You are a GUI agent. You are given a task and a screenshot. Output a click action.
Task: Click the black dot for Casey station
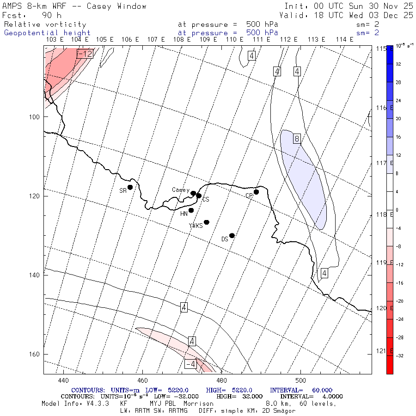tap(193, 193)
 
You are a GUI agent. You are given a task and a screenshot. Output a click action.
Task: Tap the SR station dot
tap(130, 187)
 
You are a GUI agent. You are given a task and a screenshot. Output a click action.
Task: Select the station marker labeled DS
tap(232, 235)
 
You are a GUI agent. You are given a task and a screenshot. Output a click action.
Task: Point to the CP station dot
tap(256, 192)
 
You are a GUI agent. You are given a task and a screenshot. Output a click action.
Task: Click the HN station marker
tap(191, 210)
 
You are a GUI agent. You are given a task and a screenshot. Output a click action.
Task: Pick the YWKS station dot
tap(207, 222)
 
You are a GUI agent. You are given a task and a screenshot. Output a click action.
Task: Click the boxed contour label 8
tap(297, 138)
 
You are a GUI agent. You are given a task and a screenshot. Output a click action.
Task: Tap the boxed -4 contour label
tap(190, 364)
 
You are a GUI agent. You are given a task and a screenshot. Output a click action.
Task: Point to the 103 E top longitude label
tap(55, 40)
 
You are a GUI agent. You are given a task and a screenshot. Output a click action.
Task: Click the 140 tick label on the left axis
tap(36, 275)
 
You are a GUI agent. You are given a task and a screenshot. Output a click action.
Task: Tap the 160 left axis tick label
tap(36, 354)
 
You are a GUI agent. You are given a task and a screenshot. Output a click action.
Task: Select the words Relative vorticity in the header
tap(45, 24)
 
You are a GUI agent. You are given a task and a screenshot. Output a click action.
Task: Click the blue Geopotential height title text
tap(47, 33)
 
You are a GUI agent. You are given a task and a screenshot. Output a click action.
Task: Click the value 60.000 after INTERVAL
tap(319, 390)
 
